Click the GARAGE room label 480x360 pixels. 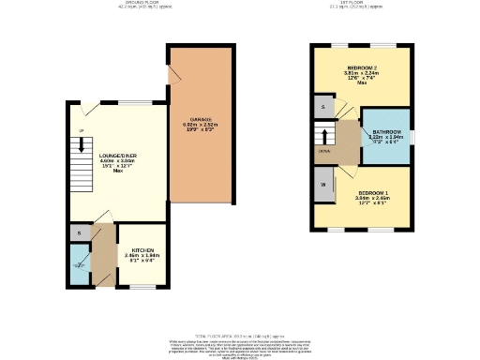tap(202, 120)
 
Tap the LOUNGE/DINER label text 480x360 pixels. tap(118, 156)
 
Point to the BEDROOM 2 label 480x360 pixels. tap(361, 69)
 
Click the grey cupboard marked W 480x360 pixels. tap(323, 184)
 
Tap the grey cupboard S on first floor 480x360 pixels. tap(323, 108)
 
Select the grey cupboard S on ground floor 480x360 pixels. tap(79, 232)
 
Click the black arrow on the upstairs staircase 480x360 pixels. tap(326, 135)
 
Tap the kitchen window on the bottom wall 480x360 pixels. tap(142, 288)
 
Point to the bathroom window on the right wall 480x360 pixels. tap(412, 137)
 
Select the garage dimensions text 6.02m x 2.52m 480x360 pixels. tap(202, 126)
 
